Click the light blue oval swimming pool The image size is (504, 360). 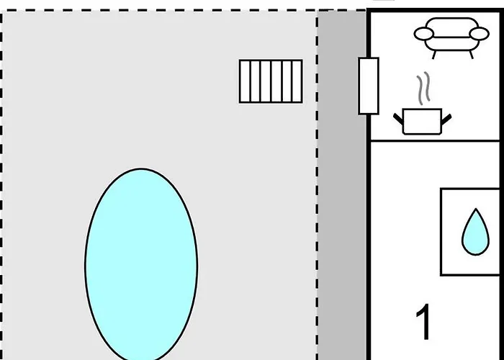[141, 264]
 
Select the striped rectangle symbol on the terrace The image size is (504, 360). [271, 81]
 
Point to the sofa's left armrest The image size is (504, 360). [423, 34]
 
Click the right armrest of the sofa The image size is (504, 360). [480, 34]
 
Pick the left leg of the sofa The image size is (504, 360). [434, 55]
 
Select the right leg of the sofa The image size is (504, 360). [471, 55]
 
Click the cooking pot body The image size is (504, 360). [422, 122]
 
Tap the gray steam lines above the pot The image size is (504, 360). [423, 88]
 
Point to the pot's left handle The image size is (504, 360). [398, 119]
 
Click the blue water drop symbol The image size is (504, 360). [476, 232]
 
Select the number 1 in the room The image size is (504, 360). [424, 321]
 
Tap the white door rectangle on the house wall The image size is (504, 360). [369, 86]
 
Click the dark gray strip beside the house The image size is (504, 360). [342, 185]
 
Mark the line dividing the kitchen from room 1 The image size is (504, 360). [436, 140]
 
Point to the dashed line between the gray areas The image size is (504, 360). [318, 185]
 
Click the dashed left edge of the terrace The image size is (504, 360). [1, 185]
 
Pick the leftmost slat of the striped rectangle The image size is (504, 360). [245, 81]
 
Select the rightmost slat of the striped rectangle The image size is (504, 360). [297, 81]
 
